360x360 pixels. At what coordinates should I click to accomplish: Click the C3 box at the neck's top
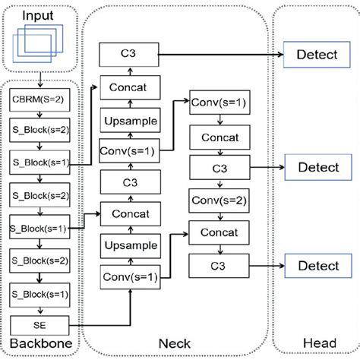click(129, 53)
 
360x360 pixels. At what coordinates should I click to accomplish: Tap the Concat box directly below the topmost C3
click(129, 88)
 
